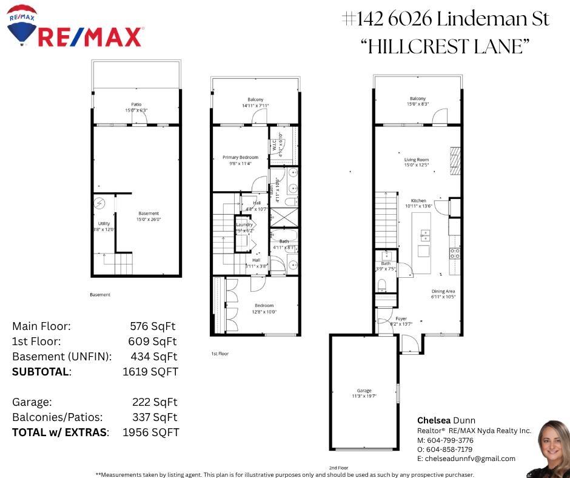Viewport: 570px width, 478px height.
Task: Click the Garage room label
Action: (x=363, y=391)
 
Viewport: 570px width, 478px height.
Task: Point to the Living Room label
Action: (x=417, y=160)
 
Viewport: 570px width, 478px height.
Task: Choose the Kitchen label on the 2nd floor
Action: (x=418, y=200)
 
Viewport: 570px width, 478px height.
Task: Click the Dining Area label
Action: (x=443, y=291)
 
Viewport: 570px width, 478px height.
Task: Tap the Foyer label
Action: (x=401, y=318)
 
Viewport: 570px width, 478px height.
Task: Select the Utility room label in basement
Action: (x=104, y=224)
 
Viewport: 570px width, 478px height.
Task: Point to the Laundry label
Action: (x=244, y=224)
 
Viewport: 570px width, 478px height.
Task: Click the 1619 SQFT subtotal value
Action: (x=150, y=372)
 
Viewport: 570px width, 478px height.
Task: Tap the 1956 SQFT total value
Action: (x=150, y=433)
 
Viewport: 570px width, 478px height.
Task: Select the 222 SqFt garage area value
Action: (x=155, y=402)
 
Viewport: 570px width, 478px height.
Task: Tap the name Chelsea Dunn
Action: (x=446, y=420)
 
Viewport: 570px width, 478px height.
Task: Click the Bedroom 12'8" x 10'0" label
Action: (x=264, y=305)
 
